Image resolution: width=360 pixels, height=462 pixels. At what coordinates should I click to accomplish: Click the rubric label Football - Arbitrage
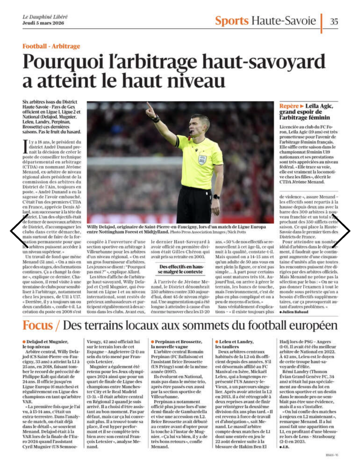pyautogui.click(x=51, y=46)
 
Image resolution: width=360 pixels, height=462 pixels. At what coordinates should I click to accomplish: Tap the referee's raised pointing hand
pyautogui.click(x=150, y=110)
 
